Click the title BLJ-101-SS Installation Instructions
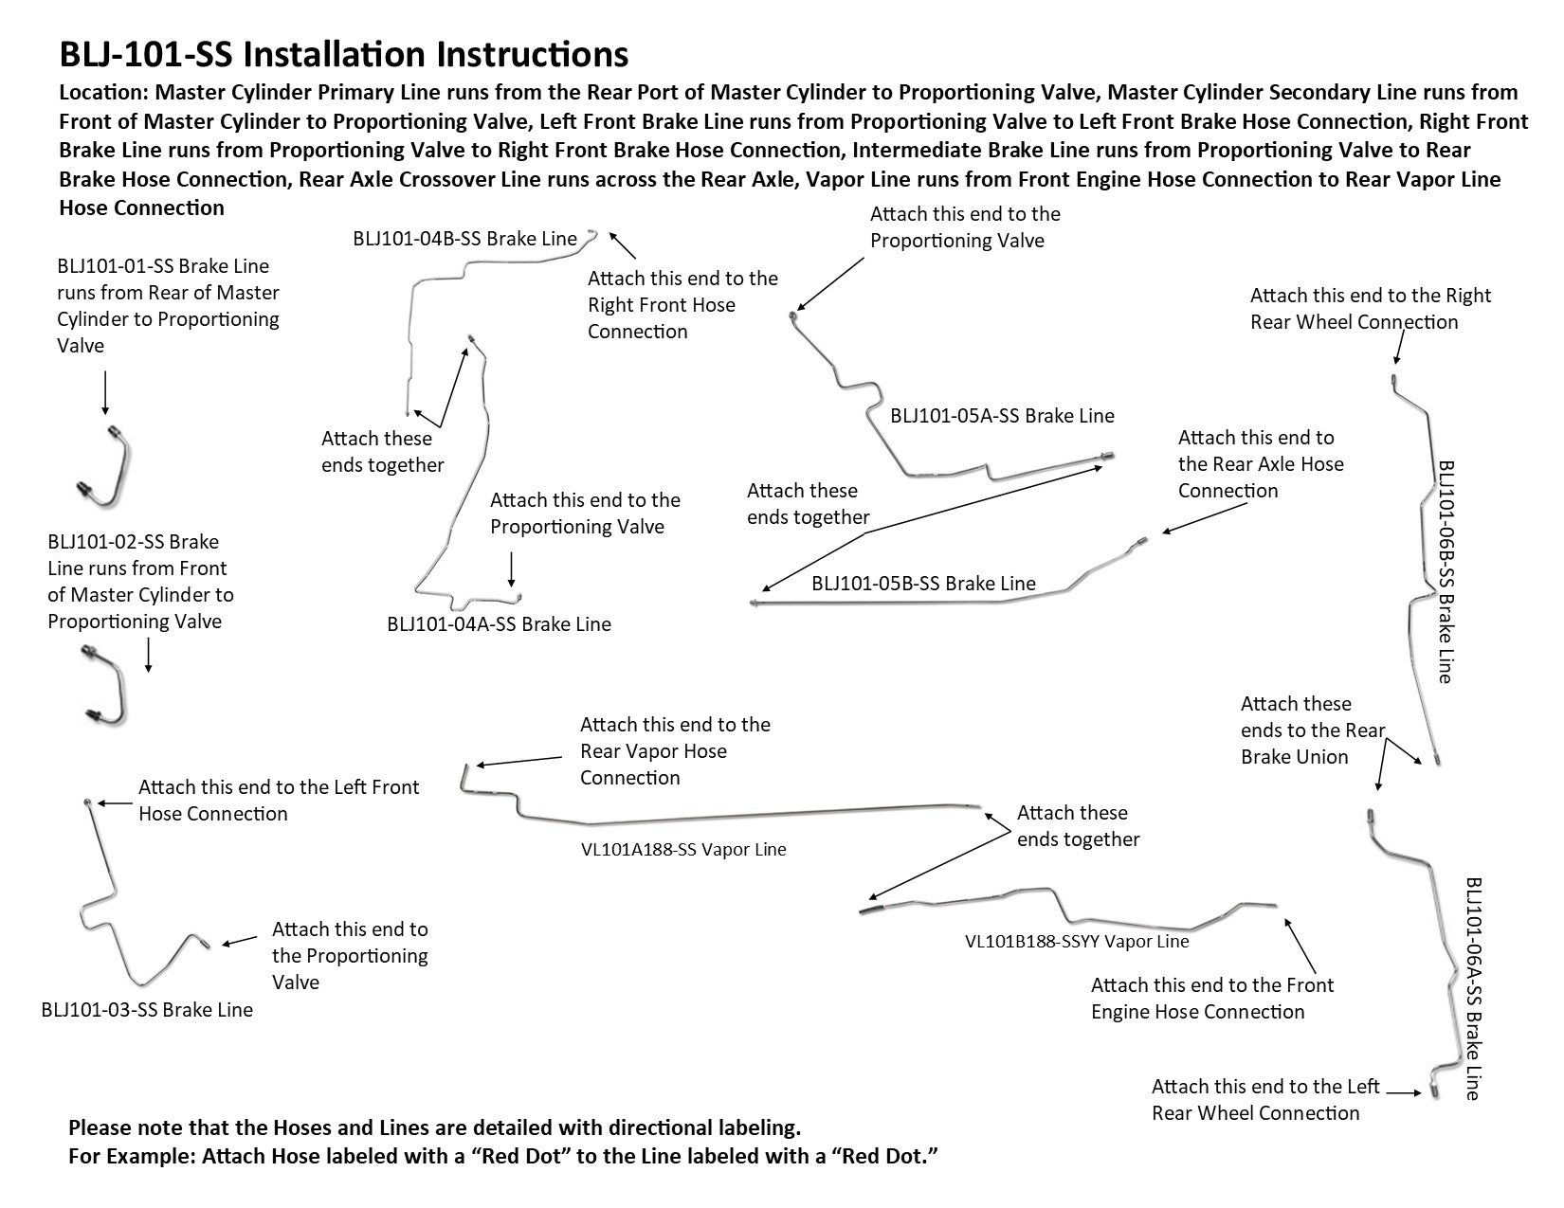tap(343, 55)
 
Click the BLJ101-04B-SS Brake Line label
tap(464, 239)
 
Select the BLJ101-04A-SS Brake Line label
tap(499, 624)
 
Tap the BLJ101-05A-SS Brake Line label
tap(1002, 416)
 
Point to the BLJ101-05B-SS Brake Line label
tap(923, 584)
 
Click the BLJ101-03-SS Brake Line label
tap(147, 1010)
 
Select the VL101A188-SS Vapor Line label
tap(683, 850)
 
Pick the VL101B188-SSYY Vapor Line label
tap(1076, 942)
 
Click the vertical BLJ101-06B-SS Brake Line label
tap(1446, 571)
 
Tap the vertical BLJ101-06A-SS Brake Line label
tap(1473, 988)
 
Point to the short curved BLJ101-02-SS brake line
tap(106, 683)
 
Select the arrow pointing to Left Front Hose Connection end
tap(114, 803)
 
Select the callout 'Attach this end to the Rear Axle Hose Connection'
tap(1260, 464)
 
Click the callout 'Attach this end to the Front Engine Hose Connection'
tap(1211, 999)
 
